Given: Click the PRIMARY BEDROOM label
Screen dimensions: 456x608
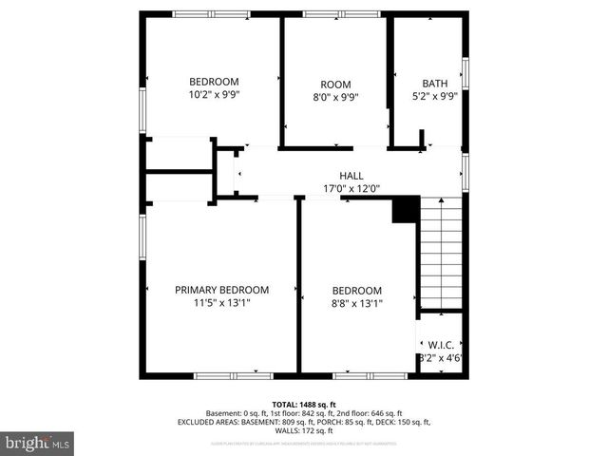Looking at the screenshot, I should pyautogui.click(x=221, y=290).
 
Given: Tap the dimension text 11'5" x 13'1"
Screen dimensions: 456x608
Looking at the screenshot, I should pyautogui.click(x=221, y=304).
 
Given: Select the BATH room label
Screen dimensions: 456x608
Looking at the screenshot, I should pyautogui.click(x=434, y=84).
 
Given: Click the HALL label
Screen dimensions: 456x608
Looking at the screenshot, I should pyautogui.click(x=351, y=176).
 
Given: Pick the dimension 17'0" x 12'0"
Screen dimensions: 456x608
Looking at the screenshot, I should pyautogui.click(x=351, y=188).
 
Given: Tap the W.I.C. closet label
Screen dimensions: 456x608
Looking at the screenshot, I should pyautogui.click(x=440, y=345).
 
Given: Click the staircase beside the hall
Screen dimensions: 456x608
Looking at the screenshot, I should pyautogui.click(x=441, y=252).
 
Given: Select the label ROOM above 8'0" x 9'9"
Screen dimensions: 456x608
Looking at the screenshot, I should pyautogui.click(x=335, y=84).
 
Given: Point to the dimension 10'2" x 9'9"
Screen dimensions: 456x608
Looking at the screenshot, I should pyautogui.click(x=214, y=95).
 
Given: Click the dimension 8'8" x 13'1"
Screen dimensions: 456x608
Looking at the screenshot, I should pyautogui.click(x=356, y=304).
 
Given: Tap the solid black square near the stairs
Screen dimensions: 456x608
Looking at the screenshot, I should pyautogui.click(x=406, y=209).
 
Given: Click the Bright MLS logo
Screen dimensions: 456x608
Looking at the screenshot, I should pyautogui.click(x=38, y=442).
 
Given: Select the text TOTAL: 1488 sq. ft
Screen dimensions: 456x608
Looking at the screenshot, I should pyautogui.click(x=304, y=405).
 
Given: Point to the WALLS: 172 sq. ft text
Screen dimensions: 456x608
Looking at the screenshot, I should pyautogui.click(x=304, y=430).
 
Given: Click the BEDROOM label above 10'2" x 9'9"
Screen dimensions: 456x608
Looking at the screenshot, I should pyautogui.click(x=214, y=82).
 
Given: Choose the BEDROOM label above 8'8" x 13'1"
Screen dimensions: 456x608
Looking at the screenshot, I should pyautogui.click(x=356, y=291).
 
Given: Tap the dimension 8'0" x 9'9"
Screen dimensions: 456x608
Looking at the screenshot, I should pyautogui.click(x=335, y=97).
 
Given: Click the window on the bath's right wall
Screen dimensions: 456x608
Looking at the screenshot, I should pyautogui.click(x=465, y=73).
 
